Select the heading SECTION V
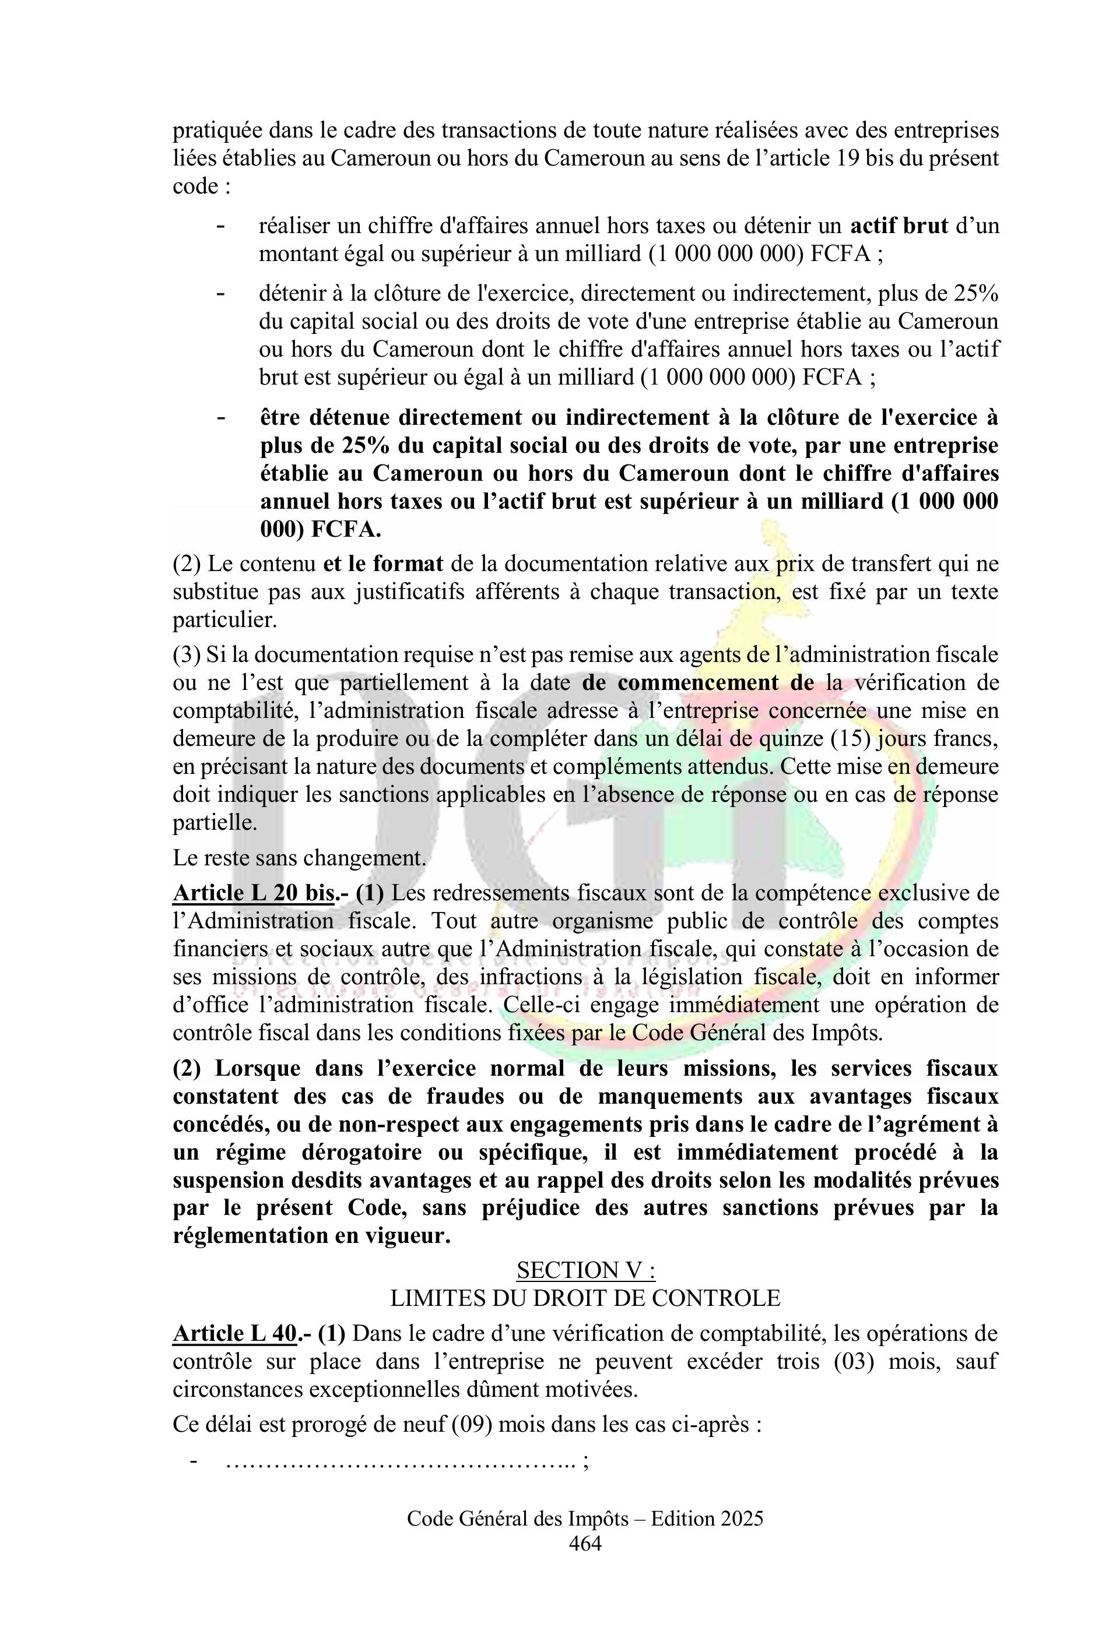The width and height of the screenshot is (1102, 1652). [x=585, y=1270]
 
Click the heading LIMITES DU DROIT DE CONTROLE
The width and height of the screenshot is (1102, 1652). [x=585, y=1297]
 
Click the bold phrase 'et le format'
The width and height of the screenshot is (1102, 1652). [x=383, y=564]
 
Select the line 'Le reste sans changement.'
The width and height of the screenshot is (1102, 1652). [x=299, y=858]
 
